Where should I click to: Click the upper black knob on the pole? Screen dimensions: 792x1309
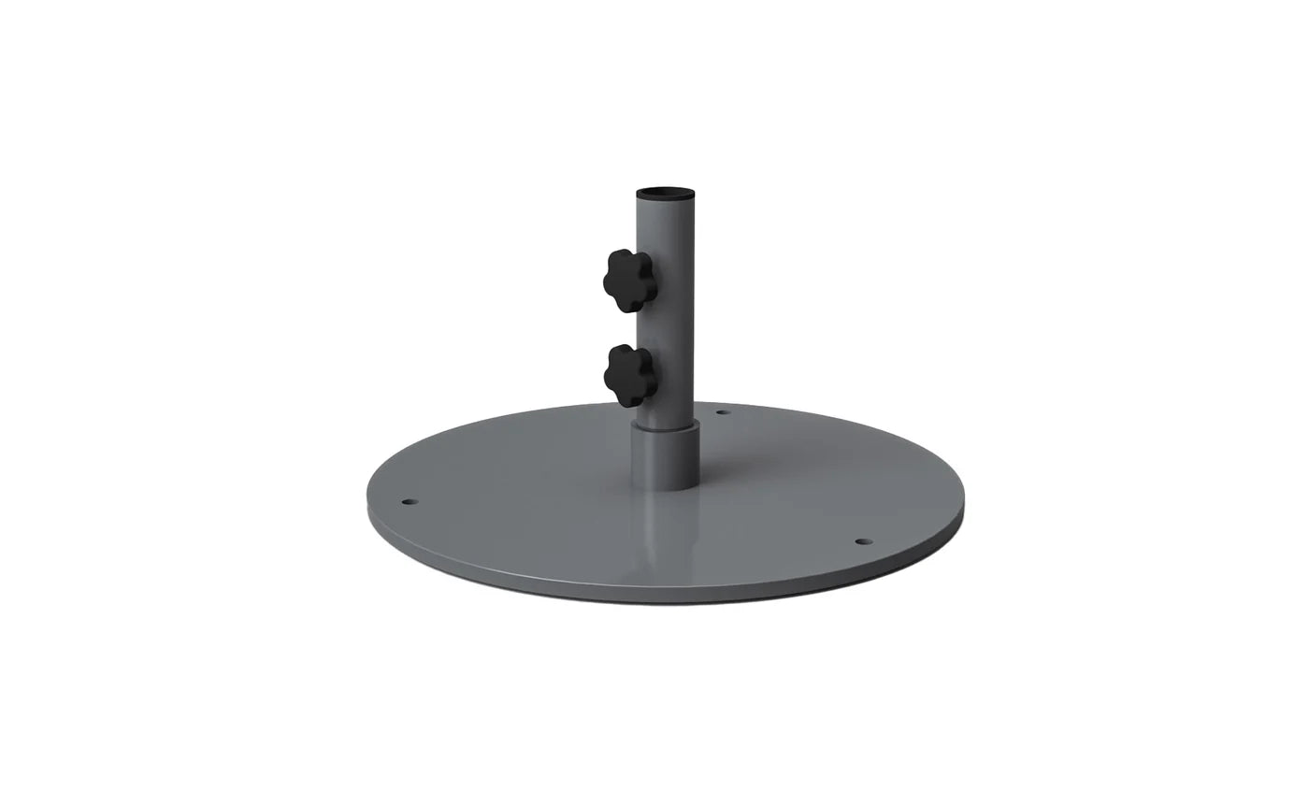(627, 280)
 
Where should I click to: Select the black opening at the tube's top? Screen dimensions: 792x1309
(665, 193)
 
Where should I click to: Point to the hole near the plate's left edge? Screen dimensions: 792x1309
(408, 502)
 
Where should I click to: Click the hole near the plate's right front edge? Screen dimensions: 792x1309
(862, 541)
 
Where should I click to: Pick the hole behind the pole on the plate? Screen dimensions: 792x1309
(722, 411)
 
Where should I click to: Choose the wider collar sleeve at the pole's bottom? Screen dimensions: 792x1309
(665, 456)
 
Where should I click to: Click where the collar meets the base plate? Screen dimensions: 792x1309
(665, 485)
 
